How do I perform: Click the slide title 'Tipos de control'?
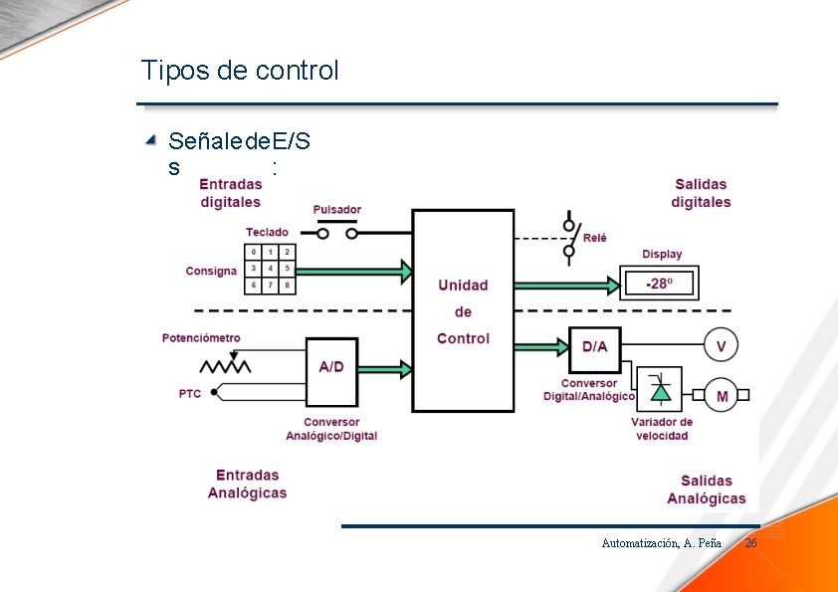[x=240, y=71]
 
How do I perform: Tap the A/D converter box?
[x=331, y=367]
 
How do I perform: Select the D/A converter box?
[x=594, y=346]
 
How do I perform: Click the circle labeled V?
[x=722, y=346]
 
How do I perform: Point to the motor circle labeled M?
[x=722, y=396]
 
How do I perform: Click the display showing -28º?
[x=659, y=284]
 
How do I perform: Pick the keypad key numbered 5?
[x=287, y=269]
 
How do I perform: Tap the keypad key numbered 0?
[x=254, y=252]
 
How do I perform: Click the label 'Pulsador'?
[x=337, y=210]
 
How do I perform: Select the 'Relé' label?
[x=594, y=238]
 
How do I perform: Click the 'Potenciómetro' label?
[x=201, y=338]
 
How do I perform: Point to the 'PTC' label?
[x=190, y=393]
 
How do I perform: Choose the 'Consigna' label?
[x=211, y=271]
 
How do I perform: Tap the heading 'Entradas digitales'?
[x=230, y=193]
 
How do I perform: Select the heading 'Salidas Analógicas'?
[x=706, y=490]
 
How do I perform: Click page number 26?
[x=750, y=543]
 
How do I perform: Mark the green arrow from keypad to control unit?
[x=354, y=270]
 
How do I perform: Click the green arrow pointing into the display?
[x=566, y=286]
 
